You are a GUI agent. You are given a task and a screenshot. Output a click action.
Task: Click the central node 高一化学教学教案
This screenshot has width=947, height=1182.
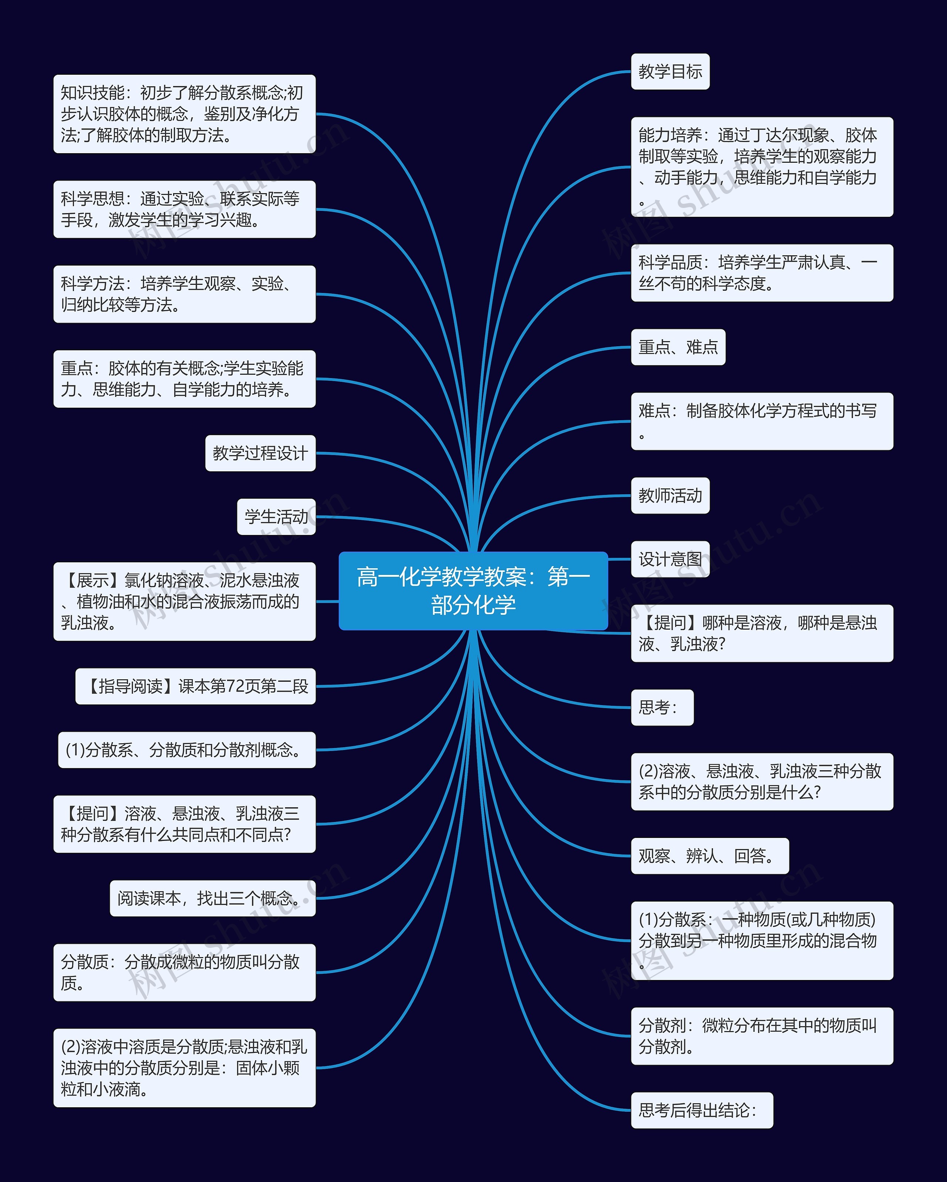point(473,590)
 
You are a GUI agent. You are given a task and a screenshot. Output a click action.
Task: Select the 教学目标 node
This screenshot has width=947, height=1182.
point(670,72)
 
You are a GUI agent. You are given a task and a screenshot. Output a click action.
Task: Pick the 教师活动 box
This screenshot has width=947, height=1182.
point(670,496)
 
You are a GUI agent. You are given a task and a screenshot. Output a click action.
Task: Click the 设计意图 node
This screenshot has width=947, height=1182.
point(670,559)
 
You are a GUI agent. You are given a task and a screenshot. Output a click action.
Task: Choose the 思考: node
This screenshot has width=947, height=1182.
point(662,707)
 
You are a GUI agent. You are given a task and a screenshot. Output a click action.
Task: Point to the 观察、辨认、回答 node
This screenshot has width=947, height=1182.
point(710,856)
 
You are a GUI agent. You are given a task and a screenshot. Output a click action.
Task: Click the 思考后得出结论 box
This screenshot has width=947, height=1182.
point(701,1110)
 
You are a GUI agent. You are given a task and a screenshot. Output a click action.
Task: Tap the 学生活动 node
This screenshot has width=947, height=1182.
point(276,517)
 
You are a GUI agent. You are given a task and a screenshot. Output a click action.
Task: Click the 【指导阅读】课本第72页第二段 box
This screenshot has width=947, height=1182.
point(196,686)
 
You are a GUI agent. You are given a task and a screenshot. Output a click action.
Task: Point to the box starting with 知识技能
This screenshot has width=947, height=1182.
point(184,114)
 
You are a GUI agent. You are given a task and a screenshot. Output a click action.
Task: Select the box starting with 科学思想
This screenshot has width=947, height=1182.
point(184,209)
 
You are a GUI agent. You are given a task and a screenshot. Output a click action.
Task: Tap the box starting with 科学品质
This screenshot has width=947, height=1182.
point(762,273)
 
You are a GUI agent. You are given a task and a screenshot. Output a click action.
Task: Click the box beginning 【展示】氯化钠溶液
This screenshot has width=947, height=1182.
point(184,602)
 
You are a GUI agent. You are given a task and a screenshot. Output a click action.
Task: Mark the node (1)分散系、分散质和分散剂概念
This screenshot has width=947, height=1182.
point(187,750)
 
